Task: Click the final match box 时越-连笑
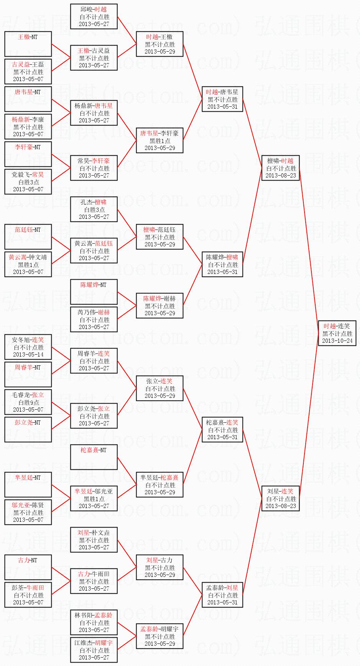[x=337, y=333]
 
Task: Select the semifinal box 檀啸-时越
[x=280, y=168]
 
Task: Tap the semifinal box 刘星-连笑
[x=280, y=498]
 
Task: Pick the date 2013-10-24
[x=337, y=341]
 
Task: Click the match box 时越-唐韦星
[x=222, y=99]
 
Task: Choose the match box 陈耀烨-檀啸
[x=222, y=264]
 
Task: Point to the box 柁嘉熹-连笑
[x=222, y=430]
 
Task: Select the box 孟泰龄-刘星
[x=222, y=595]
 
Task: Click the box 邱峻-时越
[x=94, y=16]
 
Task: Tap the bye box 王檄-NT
[x=28, y=44]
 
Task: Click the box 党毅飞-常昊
[x=28, y=182]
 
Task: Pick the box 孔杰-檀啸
[x=94, y=209]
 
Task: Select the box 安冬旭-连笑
[x=28, y=347]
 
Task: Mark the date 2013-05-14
[x=28, y=355]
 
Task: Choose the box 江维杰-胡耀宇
[x=94, y=650]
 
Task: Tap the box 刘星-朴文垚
[x=94, y=540]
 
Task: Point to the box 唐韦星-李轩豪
[x=160, y=140]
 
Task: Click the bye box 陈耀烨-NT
[x=94, y=292]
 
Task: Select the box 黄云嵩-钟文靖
[x=28, y=264]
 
